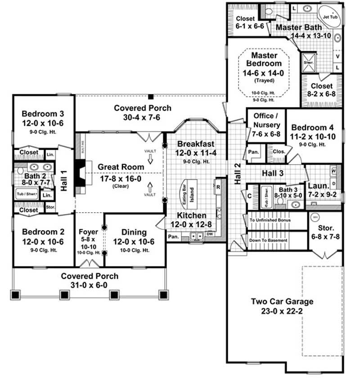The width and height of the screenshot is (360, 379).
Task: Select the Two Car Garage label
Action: point(283,301)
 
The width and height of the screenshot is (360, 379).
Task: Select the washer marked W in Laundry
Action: point(334,171)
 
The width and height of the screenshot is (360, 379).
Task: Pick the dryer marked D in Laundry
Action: point(334,184)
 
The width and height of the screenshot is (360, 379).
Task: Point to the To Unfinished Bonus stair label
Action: point(270,220)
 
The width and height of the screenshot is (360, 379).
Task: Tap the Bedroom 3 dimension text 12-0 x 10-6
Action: point(44,122)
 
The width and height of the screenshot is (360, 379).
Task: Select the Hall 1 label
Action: point(64,180)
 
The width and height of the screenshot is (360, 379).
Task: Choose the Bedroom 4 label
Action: point(313,127)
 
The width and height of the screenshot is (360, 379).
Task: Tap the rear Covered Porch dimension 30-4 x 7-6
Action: point(142,117)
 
